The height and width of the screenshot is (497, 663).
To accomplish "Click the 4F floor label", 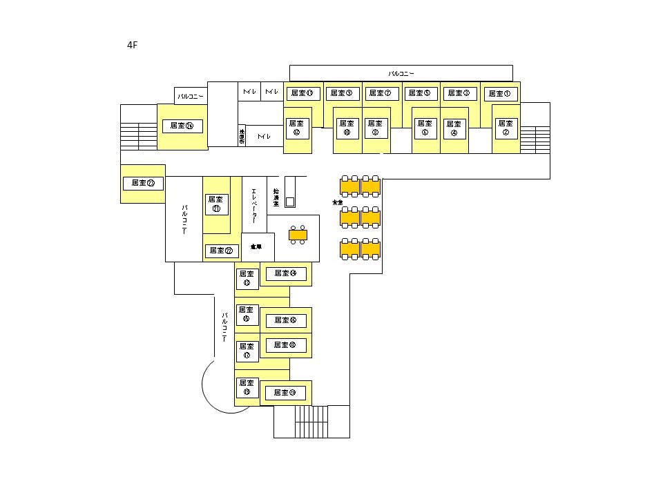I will (x=133, y=45).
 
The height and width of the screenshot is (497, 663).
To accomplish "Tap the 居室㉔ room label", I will (x=182, y=126).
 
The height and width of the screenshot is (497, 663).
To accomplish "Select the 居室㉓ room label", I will (x=143, y=183).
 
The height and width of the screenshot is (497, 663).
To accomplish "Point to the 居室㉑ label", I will (x=216, y=204).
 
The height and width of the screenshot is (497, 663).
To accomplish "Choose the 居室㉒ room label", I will (x=221, y=251).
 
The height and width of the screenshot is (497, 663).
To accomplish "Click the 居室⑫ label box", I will (x=296, y=128).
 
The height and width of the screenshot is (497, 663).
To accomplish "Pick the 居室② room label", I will (x=506, y=128).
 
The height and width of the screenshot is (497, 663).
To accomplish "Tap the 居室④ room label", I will (x=453, y=128).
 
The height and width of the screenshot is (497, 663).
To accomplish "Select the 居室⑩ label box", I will (x=347, y=128).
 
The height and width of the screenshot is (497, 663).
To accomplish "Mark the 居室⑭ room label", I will (x=285, y=273).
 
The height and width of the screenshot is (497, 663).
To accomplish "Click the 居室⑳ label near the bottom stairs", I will (x=285, y=393).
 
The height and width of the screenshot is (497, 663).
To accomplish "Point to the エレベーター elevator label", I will (x=254, y=206).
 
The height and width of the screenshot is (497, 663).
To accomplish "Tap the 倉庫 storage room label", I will (x=256, y=246).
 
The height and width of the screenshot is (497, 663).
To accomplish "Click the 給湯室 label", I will (x=276, y=198).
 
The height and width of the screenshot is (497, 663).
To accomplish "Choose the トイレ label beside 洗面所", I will (x=263, y=137).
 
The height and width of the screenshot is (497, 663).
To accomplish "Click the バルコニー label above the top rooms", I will (x=401, y=72).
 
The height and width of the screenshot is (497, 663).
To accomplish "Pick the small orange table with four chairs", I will (x=298, y=235).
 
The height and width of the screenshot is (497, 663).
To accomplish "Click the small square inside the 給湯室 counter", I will (x=289, y=202).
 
